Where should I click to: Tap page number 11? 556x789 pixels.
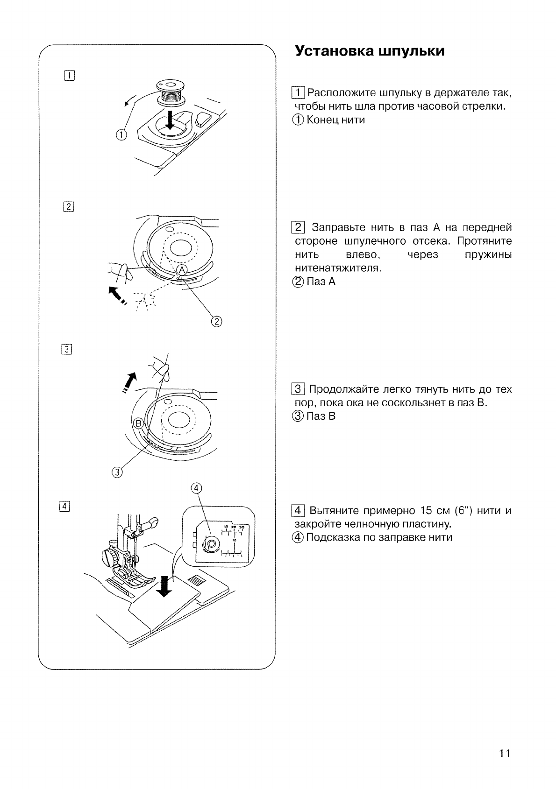[x=504, y=753]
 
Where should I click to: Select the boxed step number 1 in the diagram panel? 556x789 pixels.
[x=68, y=75]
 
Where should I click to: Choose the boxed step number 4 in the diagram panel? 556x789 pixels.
[x=64, y=506]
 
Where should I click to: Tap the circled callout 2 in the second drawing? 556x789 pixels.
[x=218, y=321]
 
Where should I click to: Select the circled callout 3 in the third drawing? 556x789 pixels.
[x=117, y=472]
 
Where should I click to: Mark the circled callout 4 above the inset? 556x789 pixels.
[x=197, y=488]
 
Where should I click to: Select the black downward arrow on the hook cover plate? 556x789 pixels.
[x=164, y=586]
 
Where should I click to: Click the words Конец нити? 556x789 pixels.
[x=335, y=120]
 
